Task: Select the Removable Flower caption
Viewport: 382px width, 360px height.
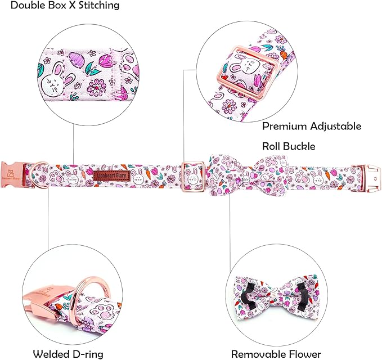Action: pos(276,354)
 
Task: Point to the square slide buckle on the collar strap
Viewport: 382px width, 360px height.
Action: pos(195,174)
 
